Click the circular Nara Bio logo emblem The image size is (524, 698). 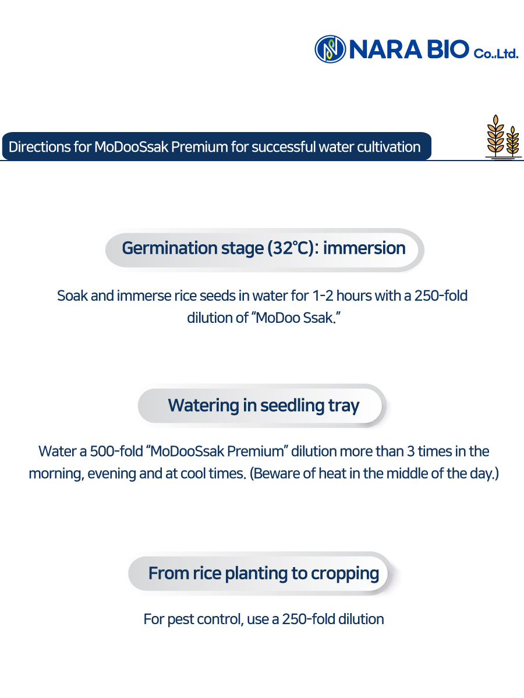pos(330,49)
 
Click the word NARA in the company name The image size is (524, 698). pos(385,49)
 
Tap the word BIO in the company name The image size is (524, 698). pos(448,49)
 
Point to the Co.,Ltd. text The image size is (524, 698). pos(496,54)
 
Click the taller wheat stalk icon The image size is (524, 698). pos(495,136)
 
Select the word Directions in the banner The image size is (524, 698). pos(40,147)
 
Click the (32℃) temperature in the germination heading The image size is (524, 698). pos(291,248)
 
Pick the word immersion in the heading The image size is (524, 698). pos(364,248)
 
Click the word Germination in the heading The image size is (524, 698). pos(169,248)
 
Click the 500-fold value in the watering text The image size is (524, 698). pos(116,451)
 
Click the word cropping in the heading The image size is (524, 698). pos(345,574)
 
